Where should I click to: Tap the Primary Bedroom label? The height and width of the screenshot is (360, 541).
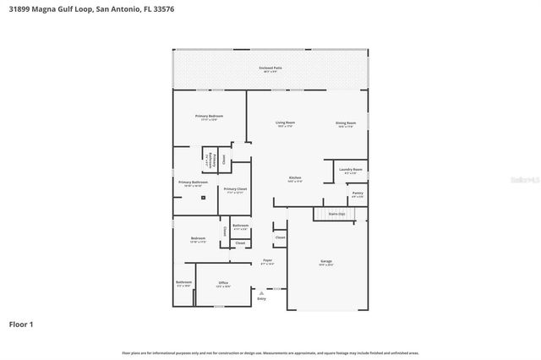(x=209, y=117)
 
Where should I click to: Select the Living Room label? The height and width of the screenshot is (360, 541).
(x=285, y=123)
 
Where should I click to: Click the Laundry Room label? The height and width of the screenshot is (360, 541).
(x=351, y=171)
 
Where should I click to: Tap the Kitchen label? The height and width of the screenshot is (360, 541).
(x=294, y=178)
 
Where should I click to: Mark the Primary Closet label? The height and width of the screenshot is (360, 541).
(x=236, y=190)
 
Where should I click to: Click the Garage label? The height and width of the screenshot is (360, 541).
(x=326, y=263)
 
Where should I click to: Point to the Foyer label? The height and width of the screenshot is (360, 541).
(x=267, y=261)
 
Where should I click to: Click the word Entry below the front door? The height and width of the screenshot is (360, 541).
(x=261, y=299)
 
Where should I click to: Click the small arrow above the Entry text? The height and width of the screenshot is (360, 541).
(x=261, y=292)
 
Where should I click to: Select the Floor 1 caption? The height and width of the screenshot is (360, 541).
(x=21, y=324)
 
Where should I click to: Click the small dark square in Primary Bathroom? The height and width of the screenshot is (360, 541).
(x=203, y=199)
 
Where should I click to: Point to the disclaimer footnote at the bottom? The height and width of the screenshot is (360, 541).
(x=270, y=352)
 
